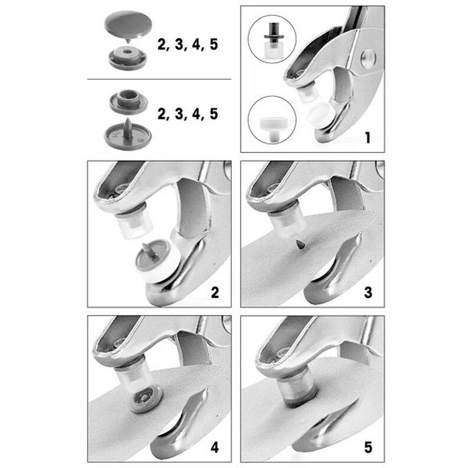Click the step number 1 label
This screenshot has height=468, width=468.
pyautogui.click(x=368, y=138)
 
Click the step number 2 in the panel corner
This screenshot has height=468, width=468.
pyautogui.click(x=215, y=292)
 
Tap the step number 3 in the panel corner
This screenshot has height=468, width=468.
pyautogui.click(x=368, y=292)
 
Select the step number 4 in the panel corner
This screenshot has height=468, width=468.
pyautogui.click(x=215, y=448)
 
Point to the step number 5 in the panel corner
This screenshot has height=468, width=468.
pyautogui.click(x=368, y=448)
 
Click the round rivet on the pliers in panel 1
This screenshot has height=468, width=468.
pyautogui.click(x=368, y=58)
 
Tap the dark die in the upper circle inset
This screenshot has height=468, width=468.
pyautogui.click(x=274, y=33)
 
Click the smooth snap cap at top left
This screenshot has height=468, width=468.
pyautogui.click(x=128, y=26)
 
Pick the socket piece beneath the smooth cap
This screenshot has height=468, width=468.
pyautogui.click(x=128, y=58)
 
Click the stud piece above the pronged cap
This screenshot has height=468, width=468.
pyautogui.click(x=129, y=102)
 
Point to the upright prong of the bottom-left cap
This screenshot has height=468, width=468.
pyautogui.click(x=127, y=129)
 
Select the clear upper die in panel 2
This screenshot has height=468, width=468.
pyautogui.click(x=134, y=222)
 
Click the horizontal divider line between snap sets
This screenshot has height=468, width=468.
pyautogui.click(x=160, y=79)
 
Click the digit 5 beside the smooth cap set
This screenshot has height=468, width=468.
pyautogui.click(x=214, y=45)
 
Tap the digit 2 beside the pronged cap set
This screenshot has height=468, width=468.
pyautogui.click(x=162, y=114)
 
